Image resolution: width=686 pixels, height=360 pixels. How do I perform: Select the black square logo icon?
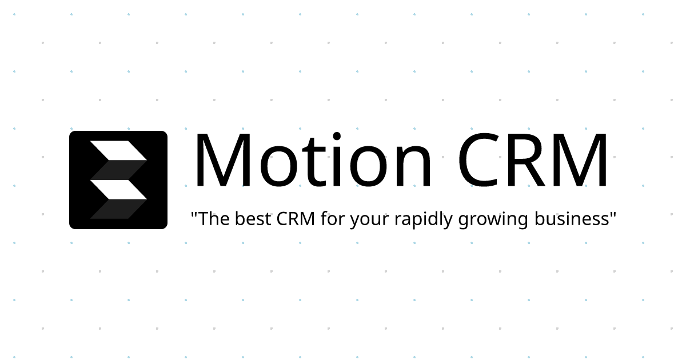click(118, 180)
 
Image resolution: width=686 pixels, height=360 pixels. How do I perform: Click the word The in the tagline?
click(214, 219)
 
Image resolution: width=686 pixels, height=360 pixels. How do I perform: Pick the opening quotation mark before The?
click(194, 214)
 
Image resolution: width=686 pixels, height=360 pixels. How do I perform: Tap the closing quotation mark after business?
click(613, 214)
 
